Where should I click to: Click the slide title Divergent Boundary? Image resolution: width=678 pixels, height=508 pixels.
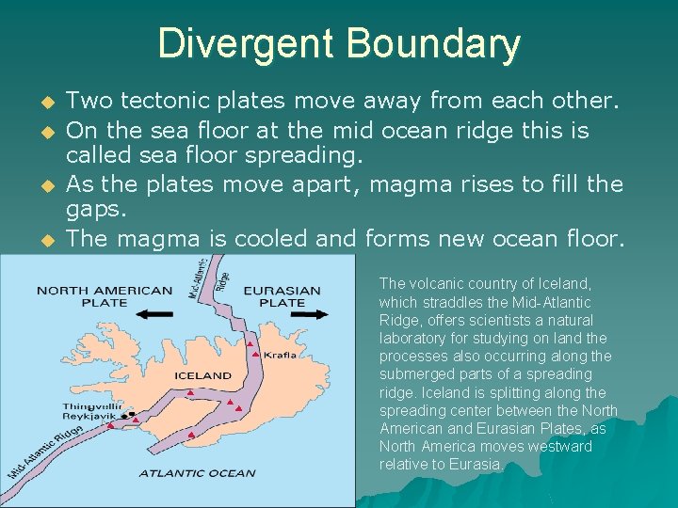point(339,44)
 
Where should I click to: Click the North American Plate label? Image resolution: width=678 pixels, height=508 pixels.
point(105,296)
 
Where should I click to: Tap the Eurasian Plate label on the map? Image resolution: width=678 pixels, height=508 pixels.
point(282,296)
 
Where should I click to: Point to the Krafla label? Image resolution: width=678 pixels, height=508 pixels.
point(280,356)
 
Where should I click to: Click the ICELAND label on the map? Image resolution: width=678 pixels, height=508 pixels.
point(202,375)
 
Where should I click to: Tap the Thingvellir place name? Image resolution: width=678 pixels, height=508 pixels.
point(92,406)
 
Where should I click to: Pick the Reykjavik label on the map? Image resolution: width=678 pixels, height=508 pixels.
point(90,417)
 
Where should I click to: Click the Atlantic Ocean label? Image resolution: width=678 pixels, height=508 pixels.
point(197,473)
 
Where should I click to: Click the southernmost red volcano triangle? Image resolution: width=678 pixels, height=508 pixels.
point(191,436)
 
